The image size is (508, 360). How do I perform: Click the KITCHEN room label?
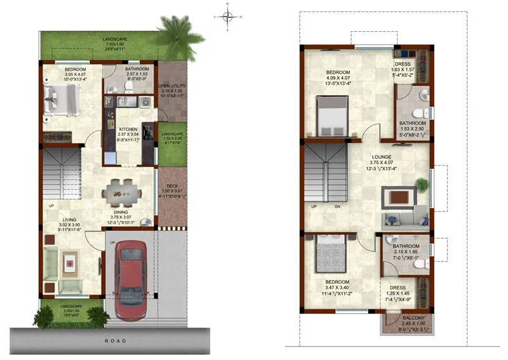pos(128,130)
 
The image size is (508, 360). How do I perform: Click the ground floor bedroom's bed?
pos(60,102)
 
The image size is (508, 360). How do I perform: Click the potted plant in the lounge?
pos(421,185)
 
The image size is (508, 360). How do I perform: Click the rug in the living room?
pos(70,260)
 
